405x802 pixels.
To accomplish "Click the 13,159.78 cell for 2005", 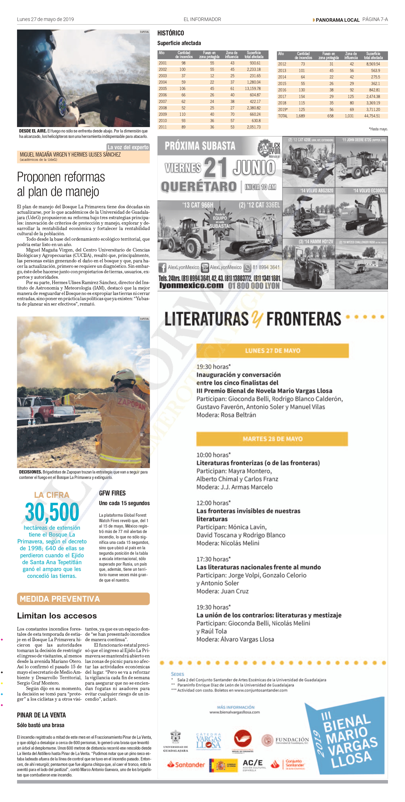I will pyautogui.click(x=253, y=88).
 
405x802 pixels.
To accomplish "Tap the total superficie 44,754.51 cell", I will pyautogui.click(x=372, y=116).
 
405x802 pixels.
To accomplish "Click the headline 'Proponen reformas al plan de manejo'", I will pyautogui.click(x=61, y=184).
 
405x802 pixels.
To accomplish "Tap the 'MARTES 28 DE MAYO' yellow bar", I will pyautogui.click(x=272, y=439).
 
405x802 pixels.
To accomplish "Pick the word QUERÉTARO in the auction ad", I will pyautogui.click(x=199, y=187).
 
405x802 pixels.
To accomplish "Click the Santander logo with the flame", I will pyautogui.click(x=186, y=764).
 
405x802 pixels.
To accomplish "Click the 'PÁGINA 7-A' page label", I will pyautogui.click(x=375, y=19).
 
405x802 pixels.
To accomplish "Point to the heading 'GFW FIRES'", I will pyautogui.click(x=112, y=493).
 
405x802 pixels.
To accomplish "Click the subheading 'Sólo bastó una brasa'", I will pyautogui.click(x=40, y=725).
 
